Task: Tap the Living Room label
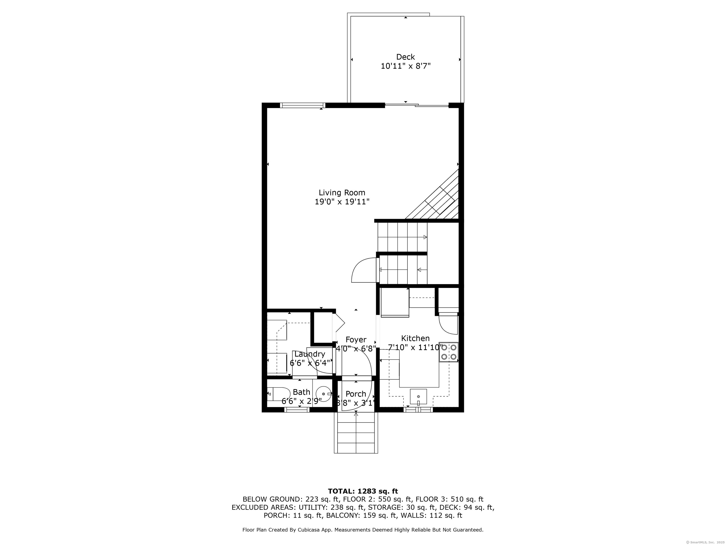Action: [342, 193]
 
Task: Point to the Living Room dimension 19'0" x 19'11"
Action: [342, 202]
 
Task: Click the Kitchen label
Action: [415, 338]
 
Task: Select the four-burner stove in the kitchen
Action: [449, 352]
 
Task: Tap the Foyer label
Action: [356, 340]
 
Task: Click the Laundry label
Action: [310, 354]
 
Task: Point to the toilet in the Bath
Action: [278, 394]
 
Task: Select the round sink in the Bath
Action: [324, 394]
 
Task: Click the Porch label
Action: [356, 394]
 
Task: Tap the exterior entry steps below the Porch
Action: [356, 434]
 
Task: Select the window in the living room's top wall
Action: [302, 105]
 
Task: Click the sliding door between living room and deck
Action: [416, 105]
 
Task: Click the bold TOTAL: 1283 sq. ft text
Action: [363, 491]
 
